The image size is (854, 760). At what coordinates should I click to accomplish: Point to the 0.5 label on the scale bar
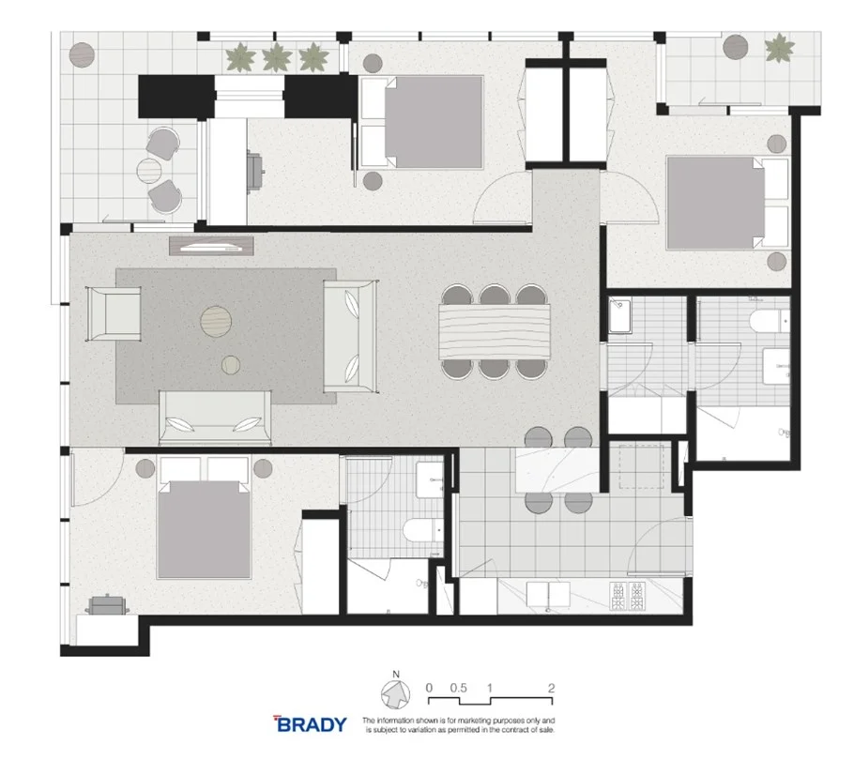point(458,687)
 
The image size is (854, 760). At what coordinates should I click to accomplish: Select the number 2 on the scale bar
point(551,687)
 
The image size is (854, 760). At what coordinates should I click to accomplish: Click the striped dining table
point(495,331)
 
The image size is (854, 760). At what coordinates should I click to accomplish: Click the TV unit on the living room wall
point(212,246)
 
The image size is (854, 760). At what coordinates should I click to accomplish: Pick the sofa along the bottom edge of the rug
point(217,418)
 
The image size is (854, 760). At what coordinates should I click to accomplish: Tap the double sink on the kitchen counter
point(540,595)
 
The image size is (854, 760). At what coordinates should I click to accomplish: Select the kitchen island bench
point(554,469)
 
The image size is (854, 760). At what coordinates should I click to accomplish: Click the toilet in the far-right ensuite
point(765,324)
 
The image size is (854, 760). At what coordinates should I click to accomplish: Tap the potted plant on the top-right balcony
point(777,47)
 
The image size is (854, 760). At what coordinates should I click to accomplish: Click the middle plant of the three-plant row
point(275,58)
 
